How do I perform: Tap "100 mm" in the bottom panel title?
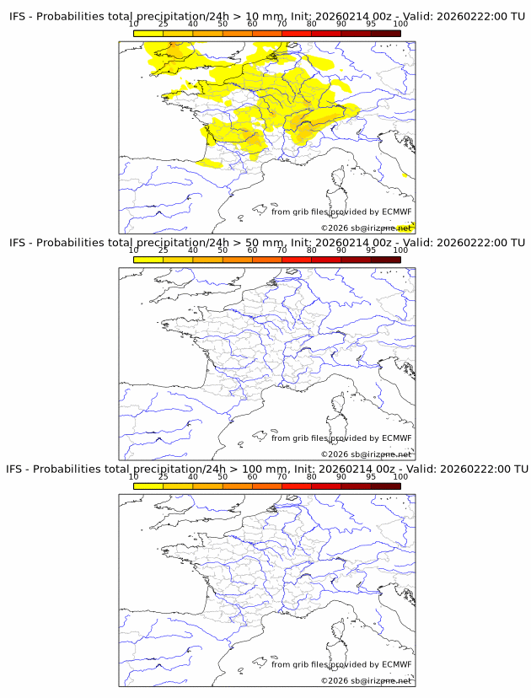(x=265, y=469)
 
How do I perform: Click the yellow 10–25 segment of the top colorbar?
(x=148, y=33)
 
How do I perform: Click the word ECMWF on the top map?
(x=396, y=212)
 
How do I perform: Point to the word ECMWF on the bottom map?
(x=396, y=664)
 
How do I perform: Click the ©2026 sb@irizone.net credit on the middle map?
(x=366, y=454)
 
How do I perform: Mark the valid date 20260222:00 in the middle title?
(x=473, y=243)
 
